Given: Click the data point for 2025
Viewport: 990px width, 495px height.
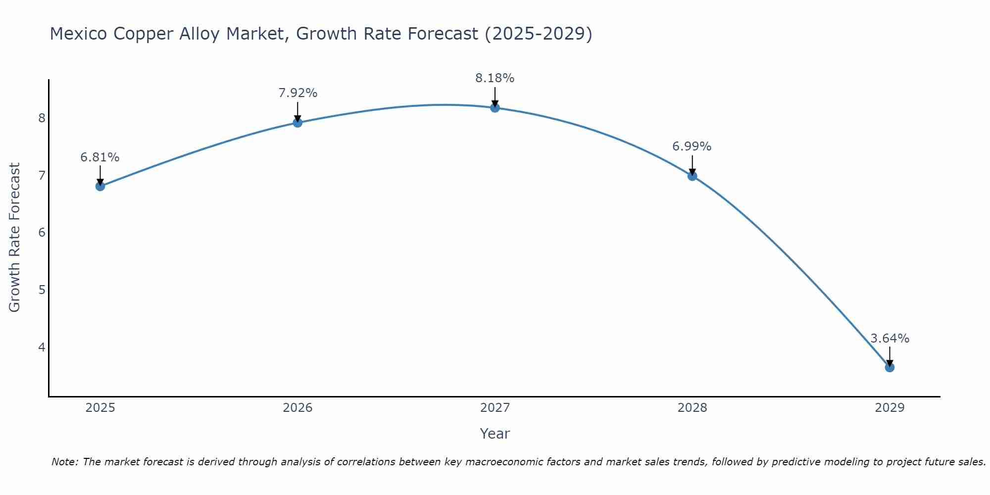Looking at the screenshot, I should (100, 186).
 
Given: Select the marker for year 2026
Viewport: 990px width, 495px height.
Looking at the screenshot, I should (297, 122).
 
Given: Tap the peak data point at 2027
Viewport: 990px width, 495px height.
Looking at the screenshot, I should (495, 107).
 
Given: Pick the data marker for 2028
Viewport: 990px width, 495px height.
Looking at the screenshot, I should (693, 176).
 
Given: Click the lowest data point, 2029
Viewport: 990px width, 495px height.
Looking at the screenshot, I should (890, 367).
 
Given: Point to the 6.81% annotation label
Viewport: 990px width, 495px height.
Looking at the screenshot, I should (100, 157).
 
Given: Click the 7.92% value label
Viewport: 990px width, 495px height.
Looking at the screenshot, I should (297, 93).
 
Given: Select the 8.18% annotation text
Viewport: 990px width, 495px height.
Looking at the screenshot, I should (495, 78).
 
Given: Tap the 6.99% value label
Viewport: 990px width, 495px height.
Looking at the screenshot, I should (692, 147).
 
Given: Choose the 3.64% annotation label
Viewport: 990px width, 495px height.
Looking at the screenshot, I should (890, 339).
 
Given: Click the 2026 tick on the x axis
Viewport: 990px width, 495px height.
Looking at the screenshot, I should (297, 408).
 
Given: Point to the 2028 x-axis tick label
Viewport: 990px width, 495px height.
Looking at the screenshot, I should (693, 408).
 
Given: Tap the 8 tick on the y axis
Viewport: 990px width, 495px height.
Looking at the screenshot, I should (42, 118).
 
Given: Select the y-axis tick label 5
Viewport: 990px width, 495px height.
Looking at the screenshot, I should (42, 290).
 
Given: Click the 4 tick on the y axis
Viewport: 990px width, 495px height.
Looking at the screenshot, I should (42, 347).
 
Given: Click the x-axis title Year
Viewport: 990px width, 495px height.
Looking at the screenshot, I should (495, 434).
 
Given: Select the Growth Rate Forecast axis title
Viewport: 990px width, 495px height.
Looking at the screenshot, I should (15, 238).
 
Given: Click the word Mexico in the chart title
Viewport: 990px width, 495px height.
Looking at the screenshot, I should (79, 34).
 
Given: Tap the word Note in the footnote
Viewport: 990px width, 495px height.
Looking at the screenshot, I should (64, 462).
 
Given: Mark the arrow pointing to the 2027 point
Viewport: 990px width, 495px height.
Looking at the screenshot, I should (495, 97).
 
